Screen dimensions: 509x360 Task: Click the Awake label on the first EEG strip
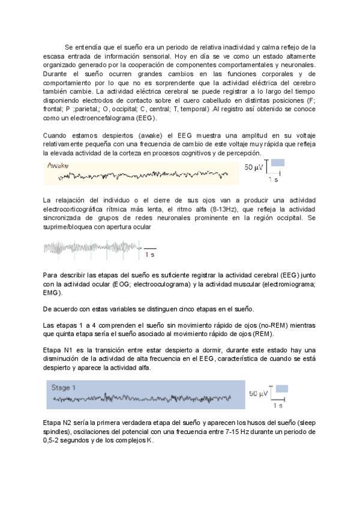point(58,165)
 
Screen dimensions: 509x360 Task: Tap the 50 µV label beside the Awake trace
point(254,167)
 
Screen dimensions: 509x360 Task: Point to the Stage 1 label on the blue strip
point(64,387)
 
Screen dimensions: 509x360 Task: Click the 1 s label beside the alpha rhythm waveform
point(150,255)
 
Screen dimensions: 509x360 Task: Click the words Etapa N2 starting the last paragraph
point(59,423)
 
